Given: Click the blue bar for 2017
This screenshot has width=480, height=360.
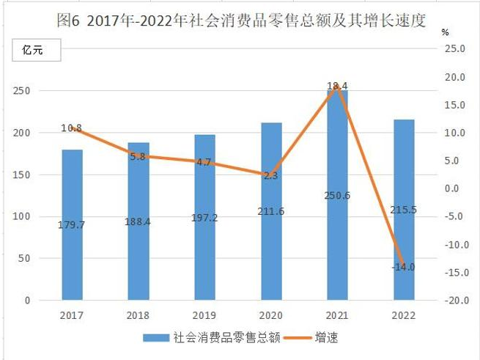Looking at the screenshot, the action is (73, 224).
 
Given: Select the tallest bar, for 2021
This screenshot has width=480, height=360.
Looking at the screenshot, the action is (337, 195).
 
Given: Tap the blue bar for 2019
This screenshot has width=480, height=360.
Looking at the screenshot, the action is (204, 217).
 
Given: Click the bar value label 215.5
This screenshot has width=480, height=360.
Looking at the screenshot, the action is (403, 210).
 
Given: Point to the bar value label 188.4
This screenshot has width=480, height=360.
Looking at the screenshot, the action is (138, 221).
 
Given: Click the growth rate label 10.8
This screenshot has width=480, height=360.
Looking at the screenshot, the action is (71, 128).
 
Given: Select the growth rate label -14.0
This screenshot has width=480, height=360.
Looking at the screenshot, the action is (403, 267).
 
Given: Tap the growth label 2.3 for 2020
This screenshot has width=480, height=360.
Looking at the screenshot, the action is (270, 175).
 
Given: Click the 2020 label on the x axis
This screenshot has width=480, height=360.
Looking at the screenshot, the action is (270, 315).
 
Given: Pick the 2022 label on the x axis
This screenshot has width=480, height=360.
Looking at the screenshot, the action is (404, 315).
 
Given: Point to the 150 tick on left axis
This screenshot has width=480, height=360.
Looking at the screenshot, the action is (21, 175).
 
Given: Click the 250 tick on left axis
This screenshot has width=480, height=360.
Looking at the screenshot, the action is (21, 91).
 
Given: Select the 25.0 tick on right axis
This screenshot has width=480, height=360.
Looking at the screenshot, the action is (454, 48).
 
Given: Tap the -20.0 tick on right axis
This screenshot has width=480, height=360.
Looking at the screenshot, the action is (457, 301).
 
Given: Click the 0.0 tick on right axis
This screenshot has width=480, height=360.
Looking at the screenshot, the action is (451, 188).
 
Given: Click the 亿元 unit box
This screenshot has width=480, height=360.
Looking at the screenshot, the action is (37, 50).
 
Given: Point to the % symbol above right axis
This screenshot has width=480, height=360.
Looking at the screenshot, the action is (445, 32).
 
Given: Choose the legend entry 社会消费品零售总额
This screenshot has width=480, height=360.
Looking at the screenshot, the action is (212, 337).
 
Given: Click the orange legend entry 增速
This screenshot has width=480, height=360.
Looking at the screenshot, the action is (311, 337).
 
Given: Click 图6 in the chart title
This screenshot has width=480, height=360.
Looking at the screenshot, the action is (68, 21).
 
